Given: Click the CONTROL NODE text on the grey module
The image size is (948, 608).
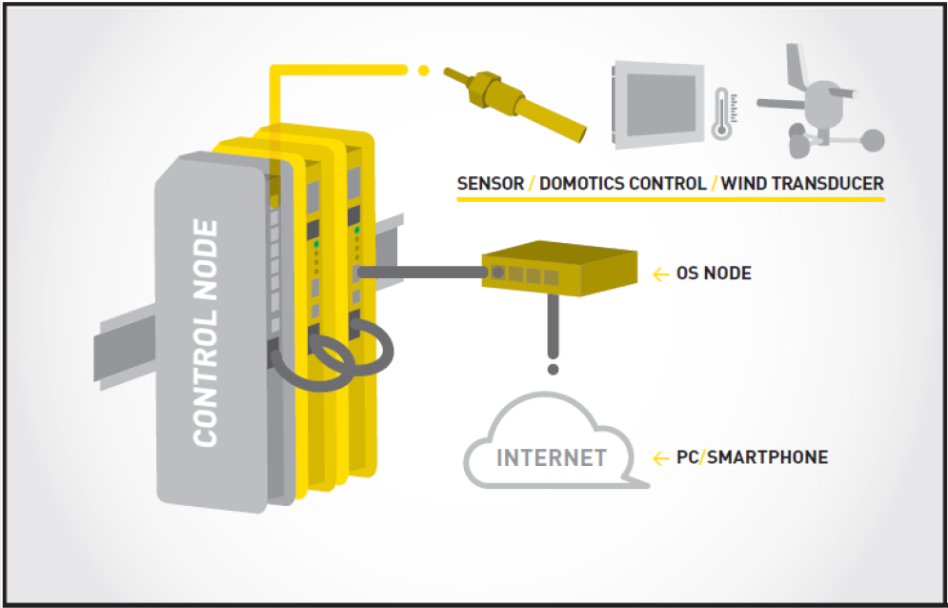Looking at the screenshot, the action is coord(205,334).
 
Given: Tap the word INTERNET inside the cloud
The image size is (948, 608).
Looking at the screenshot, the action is coord(552,458).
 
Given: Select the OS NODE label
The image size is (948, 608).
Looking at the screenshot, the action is coord(714,274).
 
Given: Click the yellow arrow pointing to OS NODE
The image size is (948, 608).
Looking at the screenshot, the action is coord(661,274).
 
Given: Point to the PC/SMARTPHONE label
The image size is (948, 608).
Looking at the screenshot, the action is coord(752,457).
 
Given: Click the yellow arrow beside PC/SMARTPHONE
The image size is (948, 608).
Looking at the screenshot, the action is coord(661,459).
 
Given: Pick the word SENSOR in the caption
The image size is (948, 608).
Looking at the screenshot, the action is coord(491,183).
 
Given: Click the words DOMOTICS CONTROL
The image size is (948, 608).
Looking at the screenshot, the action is coord(623,183).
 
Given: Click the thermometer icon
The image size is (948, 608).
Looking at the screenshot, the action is coord(720,113).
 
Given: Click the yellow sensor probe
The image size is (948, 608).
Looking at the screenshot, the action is coord(515,103).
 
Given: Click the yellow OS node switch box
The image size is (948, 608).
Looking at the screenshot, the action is coord(559,268).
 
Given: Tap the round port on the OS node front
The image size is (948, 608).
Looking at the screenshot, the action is coord(497,272).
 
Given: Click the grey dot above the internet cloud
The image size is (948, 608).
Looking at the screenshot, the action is coord(553,369).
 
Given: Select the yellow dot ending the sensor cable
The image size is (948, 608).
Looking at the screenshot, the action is coord(424,71).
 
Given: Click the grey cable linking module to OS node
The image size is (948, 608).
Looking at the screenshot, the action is coord(422,273).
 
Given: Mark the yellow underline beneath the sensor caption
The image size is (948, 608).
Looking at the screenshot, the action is coord(671,198).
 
